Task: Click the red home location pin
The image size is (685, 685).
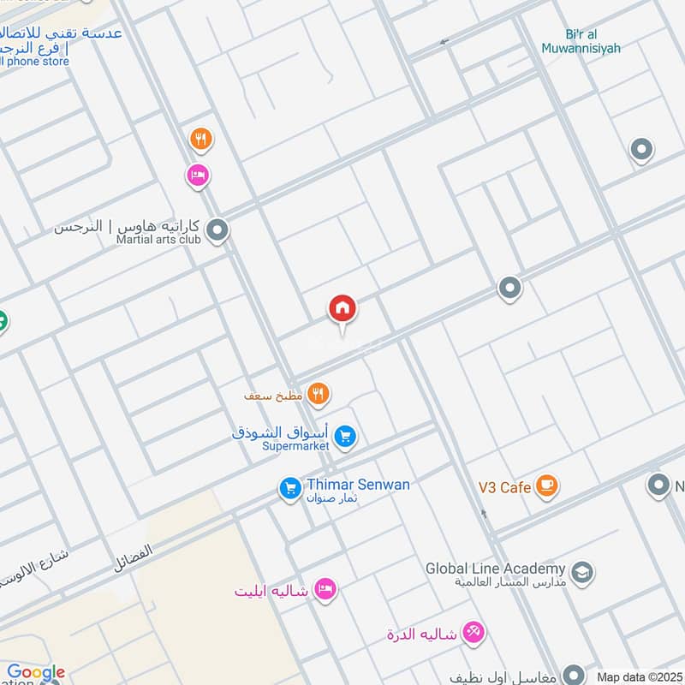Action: pyautogui.click(x=342, y=309)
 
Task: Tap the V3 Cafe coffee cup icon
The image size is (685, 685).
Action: pyautogui.click(x=546, y=486)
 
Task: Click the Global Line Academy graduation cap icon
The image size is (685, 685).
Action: pyautogui.click(x=582, y=571)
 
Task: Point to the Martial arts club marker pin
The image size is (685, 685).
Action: pyautogui.click(x=217, y=229)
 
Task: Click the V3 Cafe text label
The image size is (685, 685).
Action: pyautogui.click(x=504, y=487)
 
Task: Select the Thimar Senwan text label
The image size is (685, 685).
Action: pyautogui.click(x=358, y=485)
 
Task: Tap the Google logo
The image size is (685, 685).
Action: pyautogui.click(x=36, y=673)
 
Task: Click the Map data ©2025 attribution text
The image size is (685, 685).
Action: pyautogui.click(x=640, y=676)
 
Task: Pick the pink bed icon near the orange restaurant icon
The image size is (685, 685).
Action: pyautogui.click(x=198, y=176)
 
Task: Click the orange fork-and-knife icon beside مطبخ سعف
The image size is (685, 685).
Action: pyautogui.click(x=319, y=394)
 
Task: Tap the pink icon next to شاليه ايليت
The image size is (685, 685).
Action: pyautogui.click(x=325, y=589)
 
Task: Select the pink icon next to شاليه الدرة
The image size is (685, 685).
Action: pyautogui.click(x=474, y=633)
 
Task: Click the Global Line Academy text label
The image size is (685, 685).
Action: pyautogui.click(x=496, y=569)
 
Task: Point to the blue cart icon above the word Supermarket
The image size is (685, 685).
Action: pyautogui.click(x=345, y=437)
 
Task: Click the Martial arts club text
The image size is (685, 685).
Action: pyautogui.click(x=158, y=241)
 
